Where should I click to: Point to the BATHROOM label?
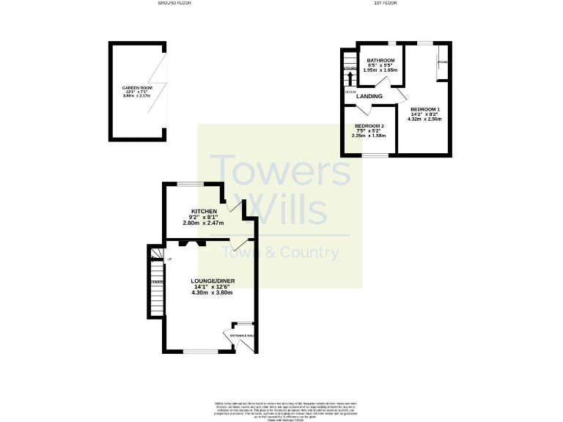(x=380, y=60)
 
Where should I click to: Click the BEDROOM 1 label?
(x=424, y=109)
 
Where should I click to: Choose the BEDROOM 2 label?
(x=369, y=126)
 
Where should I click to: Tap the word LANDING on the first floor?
(x=370, y=96)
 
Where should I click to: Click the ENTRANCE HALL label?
(x=243, y=336)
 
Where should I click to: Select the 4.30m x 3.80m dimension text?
(x=211, y=293)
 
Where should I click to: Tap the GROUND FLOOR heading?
(x=174, y=4)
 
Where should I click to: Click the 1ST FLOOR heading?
(x=386, y=4)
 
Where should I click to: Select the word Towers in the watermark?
(x=281, y=171)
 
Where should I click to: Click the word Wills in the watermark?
(x=285, y=208)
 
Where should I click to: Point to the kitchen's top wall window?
(x=194, y=183)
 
